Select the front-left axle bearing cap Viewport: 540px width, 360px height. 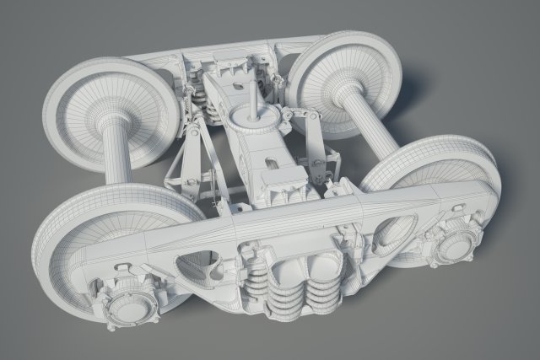[x=132, y=297]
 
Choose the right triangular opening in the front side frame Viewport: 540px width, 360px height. [x=389, y=234]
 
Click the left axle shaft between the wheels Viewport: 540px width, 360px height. [x=116, y=156]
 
